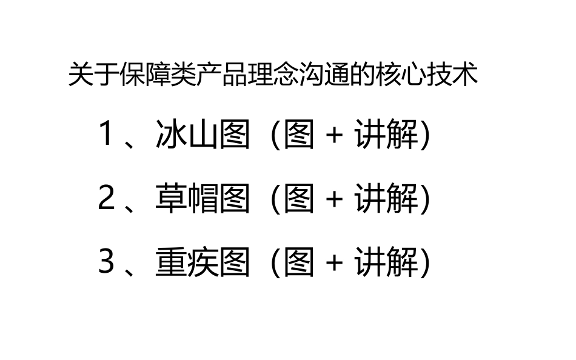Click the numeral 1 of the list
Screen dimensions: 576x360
105,134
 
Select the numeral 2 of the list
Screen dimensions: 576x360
106,198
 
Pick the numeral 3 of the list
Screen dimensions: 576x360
106,262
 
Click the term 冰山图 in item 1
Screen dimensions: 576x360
203,134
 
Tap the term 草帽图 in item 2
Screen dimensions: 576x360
203,198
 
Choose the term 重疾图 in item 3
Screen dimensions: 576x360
203,262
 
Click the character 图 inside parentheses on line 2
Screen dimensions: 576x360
299,198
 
